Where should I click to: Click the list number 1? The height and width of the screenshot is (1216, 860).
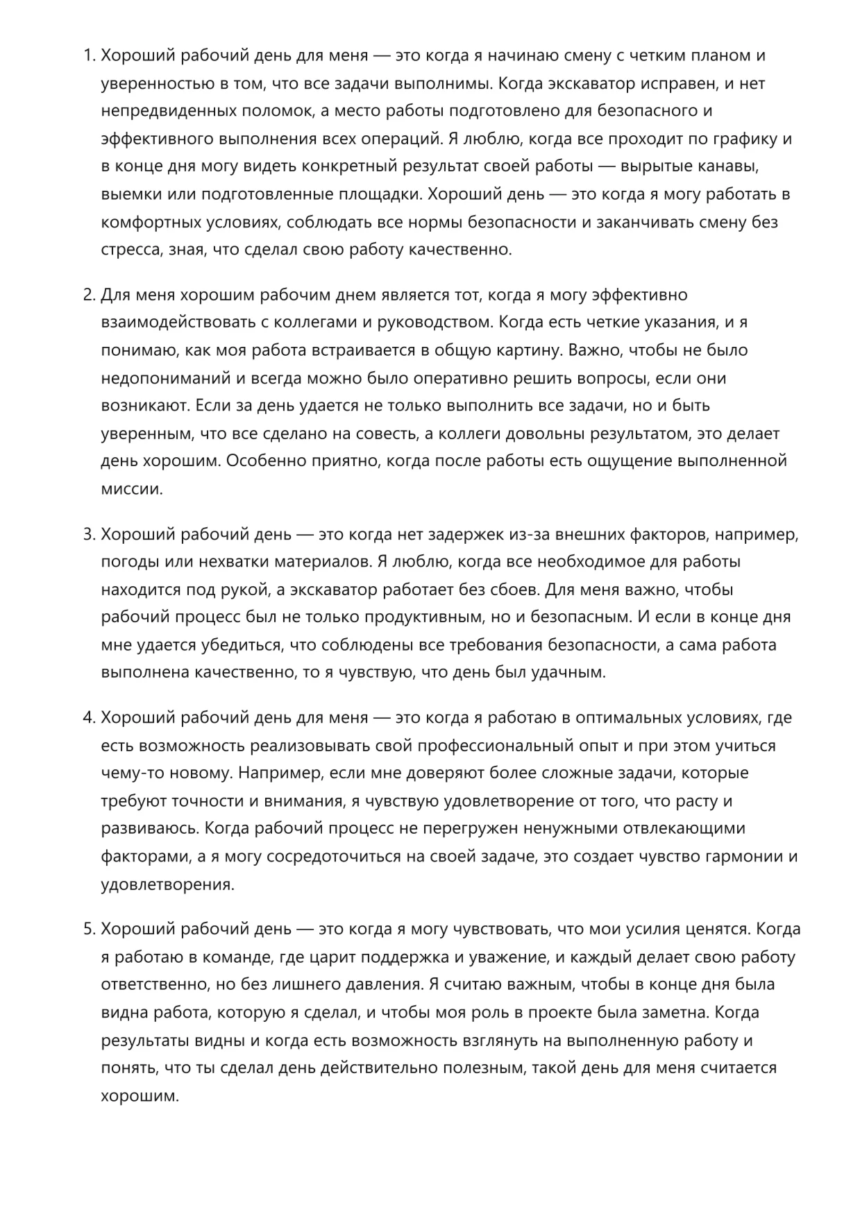[88, 55]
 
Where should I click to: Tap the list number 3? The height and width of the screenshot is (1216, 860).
[88, 534]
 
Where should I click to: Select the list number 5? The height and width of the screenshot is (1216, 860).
[88, 929]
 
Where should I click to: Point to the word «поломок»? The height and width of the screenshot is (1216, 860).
[281, 111]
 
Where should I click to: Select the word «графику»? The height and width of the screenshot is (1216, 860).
[746, 139]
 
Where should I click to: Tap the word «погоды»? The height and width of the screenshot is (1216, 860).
[128, 562]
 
